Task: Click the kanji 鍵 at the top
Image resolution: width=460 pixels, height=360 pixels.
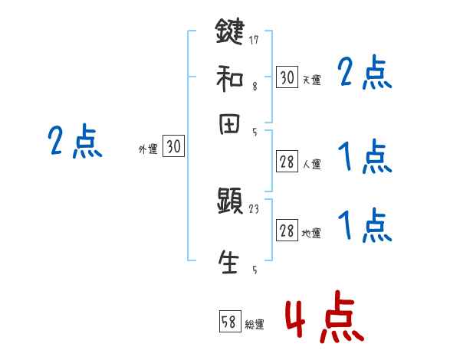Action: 229,32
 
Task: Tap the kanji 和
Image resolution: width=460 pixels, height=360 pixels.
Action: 229,78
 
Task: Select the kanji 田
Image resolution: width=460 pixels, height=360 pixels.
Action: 229,124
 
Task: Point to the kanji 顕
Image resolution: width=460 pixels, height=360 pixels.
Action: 229,203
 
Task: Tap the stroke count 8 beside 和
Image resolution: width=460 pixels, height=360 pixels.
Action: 254,87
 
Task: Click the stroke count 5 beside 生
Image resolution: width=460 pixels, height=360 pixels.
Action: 254,270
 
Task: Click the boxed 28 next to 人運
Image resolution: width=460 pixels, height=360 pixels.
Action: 287,162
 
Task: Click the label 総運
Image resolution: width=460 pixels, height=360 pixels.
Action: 254,324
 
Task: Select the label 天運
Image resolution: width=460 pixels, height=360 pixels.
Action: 311,80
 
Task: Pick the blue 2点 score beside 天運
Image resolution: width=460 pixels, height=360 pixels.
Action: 365,74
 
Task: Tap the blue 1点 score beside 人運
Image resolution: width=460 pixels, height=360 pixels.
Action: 365,158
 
